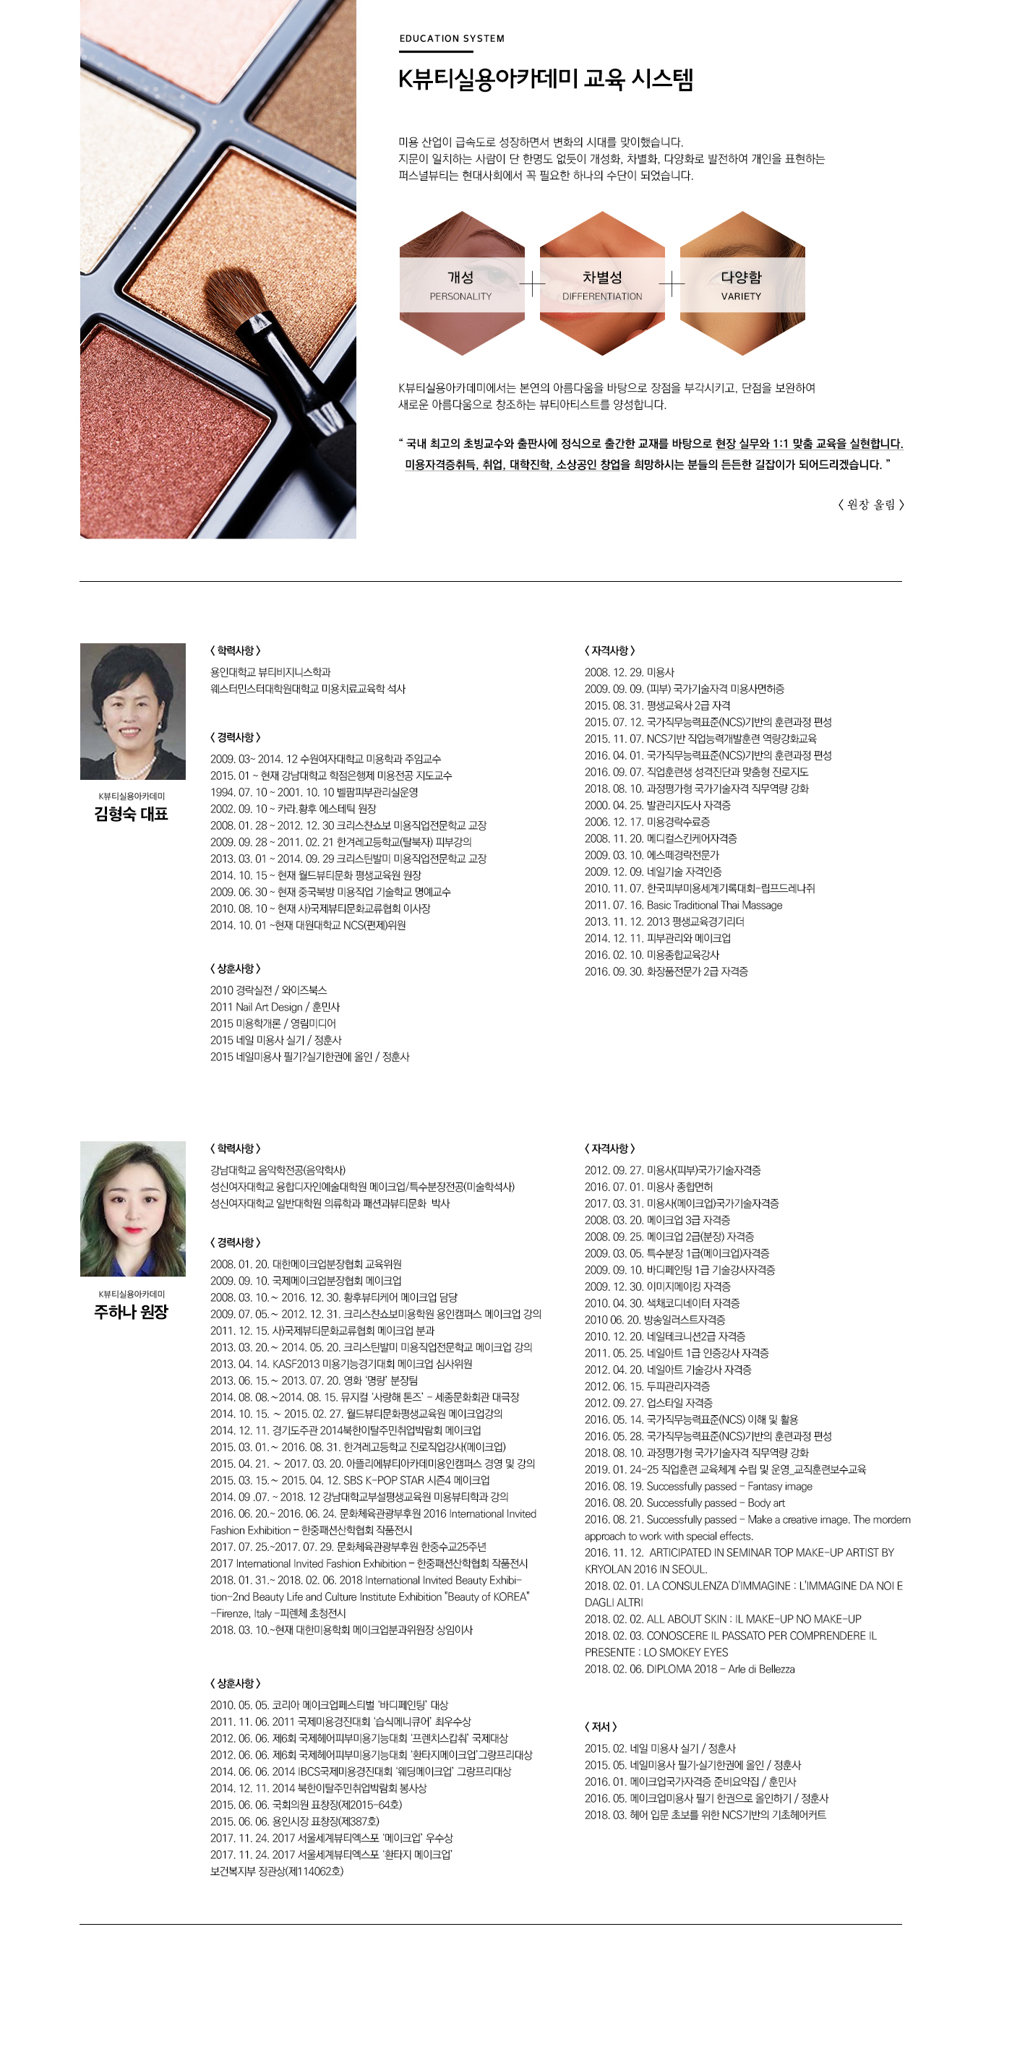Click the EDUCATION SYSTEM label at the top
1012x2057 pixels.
[451, 38]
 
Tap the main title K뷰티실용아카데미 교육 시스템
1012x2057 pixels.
[546, 79]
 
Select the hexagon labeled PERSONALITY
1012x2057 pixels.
[461, 283]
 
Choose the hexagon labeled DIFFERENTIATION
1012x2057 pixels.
[601, 283]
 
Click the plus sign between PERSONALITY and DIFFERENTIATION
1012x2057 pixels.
[532, 283]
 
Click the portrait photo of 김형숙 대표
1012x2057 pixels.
[132, 710]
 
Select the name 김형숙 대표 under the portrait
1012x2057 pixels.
[131, 814]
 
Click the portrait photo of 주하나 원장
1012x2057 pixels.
[132, 1208]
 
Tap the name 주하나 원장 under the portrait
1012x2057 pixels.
[131, 1311]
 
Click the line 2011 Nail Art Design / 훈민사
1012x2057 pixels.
[275, 1007]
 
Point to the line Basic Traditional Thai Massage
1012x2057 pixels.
[683, 905]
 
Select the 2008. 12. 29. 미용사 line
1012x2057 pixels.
[630, 672]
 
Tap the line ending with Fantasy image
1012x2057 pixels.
[698, 1486]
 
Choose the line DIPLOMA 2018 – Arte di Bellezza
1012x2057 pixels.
[690, 1668]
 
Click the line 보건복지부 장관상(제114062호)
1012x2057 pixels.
[276, 1870]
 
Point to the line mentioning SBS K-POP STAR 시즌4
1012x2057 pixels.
[350, 1480]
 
